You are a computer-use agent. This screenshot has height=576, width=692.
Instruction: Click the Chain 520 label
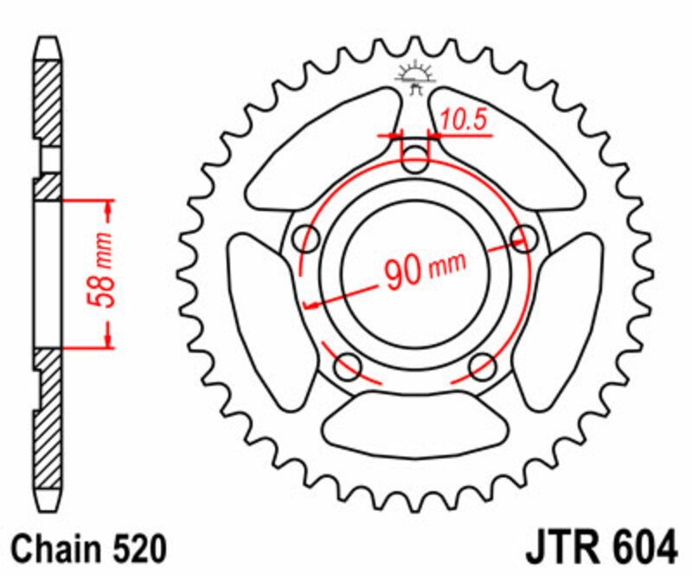[x=89, y=548]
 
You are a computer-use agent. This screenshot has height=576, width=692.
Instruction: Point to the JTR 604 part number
[x=599, y=548]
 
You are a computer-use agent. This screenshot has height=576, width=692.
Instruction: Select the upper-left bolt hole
[x=304, y=237]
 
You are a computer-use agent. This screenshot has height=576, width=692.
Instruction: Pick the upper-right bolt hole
[x=522, y=237]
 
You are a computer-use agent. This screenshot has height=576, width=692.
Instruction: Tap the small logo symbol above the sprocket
[x=414, y=77]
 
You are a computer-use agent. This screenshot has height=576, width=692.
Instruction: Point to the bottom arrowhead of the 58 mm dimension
[x=108, y=339]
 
